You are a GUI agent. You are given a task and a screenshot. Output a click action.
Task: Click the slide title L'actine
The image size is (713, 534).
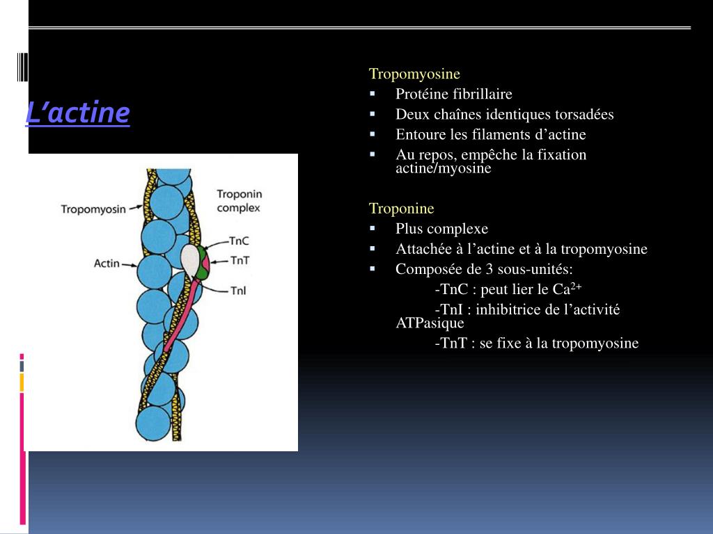(x=77, y=113)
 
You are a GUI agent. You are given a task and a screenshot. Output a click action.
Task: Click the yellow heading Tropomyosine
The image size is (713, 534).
(x=414, y=74)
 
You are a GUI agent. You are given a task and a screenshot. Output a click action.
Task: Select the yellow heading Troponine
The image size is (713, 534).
(x=401, y=209)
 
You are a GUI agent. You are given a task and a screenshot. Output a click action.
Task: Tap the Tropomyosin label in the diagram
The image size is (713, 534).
(x=93, y=209)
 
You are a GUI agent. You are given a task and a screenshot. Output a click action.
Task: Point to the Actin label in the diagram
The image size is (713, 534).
(x=106, y=264)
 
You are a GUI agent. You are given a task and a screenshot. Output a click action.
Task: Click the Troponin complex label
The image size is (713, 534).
(x=238, y=200)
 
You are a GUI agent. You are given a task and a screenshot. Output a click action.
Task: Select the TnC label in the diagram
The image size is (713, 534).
(x=239, y=241)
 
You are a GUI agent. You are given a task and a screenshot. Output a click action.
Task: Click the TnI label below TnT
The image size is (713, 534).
(x=238, y=291)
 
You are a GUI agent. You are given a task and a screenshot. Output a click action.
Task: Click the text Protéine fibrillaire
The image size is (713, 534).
(x=453, y=94)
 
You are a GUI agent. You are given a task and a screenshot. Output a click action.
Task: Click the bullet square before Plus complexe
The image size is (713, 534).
(x=373, y=227)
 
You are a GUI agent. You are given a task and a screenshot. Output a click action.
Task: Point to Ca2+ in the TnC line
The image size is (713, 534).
(x=567, y=289)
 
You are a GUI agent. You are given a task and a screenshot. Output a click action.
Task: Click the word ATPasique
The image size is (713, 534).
(x=429, y=323)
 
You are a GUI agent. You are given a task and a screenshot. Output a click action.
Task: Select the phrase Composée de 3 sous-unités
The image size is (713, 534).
(x=484, y=269)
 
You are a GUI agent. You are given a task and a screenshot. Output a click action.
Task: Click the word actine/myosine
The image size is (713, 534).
(x=443, y=169)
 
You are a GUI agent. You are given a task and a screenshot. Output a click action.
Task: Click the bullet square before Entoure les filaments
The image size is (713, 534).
(x=373, y=133)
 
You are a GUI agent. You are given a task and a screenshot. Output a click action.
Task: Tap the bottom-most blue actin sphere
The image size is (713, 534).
(x=153, y=422)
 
